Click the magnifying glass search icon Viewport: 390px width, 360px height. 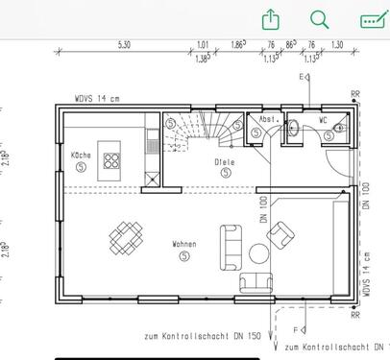320,20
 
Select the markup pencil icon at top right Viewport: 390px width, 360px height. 371,20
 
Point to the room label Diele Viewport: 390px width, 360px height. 225,163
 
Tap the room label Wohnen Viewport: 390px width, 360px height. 184,245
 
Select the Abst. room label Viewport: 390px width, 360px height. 269,121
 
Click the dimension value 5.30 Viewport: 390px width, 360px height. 124,45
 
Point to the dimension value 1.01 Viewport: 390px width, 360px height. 203,45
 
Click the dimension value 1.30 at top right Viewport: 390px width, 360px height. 336,45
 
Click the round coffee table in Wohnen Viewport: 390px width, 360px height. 259,253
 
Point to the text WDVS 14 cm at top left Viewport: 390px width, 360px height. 96,99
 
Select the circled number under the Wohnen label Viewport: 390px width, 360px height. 184,256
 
